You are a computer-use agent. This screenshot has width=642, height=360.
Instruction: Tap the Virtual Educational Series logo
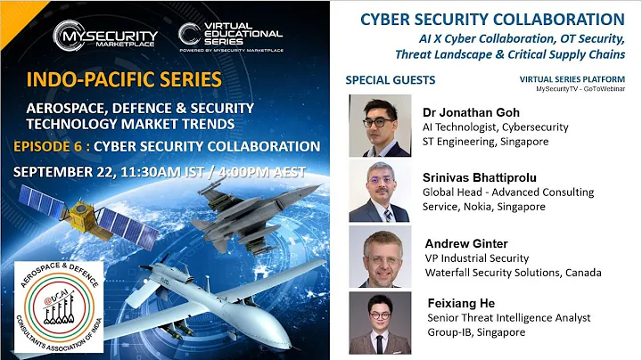click(x=230, y=35)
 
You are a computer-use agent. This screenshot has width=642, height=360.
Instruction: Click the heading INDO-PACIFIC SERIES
click(x=125, y=80)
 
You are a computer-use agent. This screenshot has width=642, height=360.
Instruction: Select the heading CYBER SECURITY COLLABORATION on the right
click(x=491, y=20)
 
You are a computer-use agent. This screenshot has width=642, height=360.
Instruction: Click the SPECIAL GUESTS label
click(x=390, y=80)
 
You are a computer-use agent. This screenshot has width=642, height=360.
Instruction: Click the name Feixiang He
click(x=457, y=304)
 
